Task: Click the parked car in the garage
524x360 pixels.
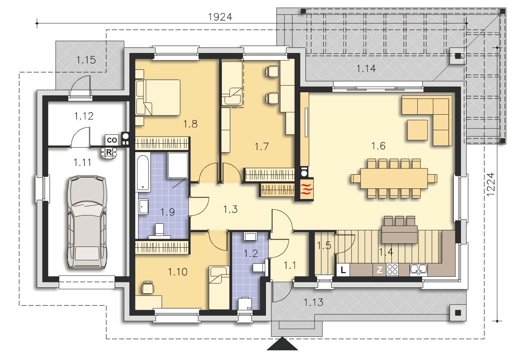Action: (87, 222)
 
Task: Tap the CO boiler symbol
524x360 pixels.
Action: (112, 140)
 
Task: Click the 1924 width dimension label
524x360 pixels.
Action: (220, 17)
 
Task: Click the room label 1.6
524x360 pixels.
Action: (378, 146)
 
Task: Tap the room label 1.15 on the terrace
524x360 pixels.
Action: (86, 60)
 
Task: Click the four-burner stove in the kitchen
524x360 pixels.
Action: (392, 269)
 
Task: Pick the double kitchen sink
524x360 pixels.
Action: (418, 269)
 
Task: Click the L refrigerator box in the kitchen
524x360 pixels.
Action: (343, 270)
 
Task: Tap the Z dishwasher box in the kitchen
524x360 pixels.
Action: (379, 270)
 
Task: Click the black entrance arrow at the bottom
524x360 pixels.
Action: (282, 344)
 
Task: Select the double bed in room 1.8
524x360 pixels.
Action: (158, 98)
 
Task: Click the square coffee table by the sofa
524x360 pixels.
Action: (417, 130)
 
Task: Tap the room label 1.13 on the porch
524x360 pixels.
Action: (313, 302)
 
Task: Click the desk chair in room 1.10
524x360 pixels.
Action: (148, 287)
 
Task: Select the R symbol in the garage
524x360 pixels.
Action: (109, 152)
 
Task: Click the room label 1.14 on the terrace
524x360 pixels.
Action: (366, 69)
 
